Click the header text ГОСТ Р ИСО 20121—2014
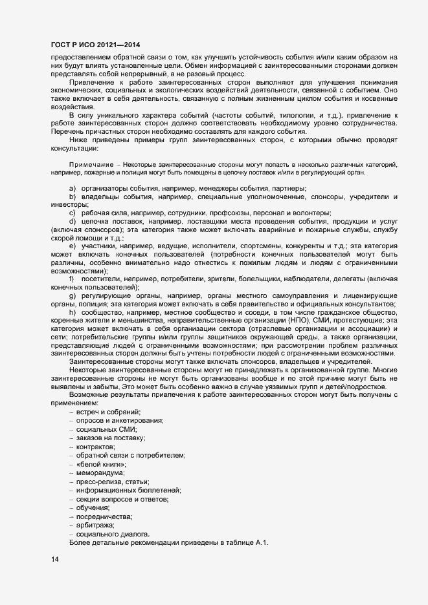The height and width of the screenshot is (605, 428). [x=96, y=45]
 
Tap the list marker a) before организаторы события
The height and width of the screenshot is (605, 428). [x=72, y=187]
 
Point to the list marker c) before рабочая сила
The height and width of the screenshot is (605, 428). [x=72, y=213]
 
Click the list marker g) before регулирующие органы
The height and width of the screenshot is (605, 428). [x=72, y=295]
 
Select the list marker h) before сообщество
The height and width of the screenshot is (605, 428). [x=72, y=312]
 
